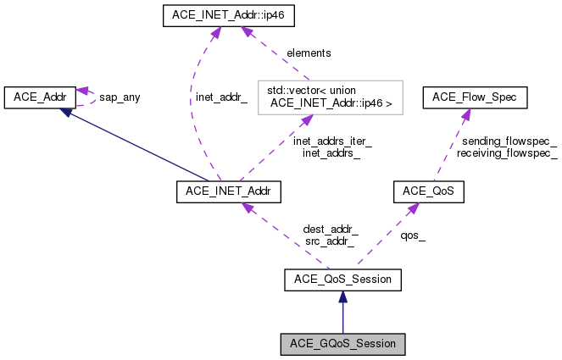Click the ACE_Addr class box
coord(40,97)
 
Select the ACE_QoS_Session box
coord(342,278)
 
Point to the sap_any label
coord(120,97)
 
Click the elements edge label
coord(308,53)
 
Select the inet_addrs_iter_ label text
coord(332,141)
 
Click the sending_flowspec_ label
coord(507,141)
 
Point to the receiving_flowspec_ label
coord(507,153)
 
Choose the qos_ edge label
coord(413,237)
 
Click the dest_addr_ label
coord(331,229)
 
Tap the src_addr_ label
coord(331,241)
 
